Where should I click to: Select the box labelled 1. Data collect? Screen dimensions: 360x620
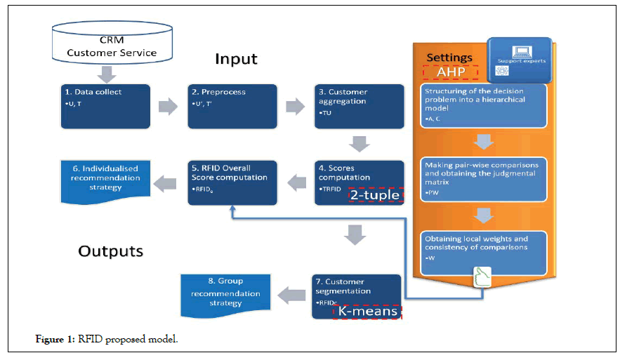(x=105, y=107)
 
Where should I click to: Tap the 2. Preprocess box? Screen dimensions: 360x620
(x=231, y=107)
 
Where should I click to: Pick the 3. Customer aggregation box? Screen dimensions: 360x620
(x=359, y=107)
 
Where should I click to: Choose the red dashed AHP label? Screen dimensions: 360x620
(x=449, y=72)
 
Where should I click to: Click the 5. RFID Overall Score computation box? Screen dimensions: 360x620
(x=231, y=182)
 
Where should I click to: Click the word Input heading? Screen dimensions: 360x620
(x=237, y=58)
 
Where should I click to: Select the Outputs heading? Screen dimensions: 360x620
(x=110, y=251)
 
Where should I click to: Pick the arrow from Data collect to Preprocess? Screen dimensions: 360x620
(x=169, y=107)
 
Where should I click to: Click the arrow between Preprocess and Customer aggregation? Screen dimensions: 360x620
(x=295, y=107)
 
